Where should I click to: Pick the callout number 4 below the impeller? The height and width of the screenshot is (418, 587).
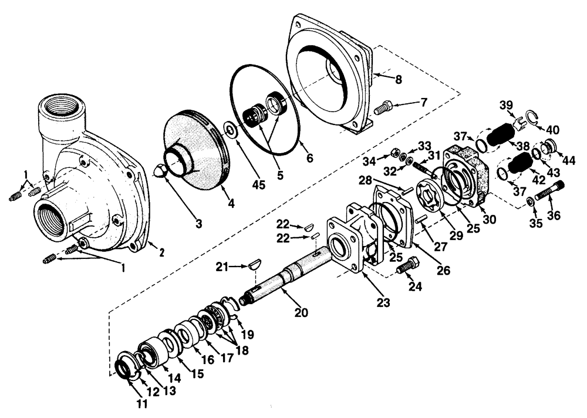231,204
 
